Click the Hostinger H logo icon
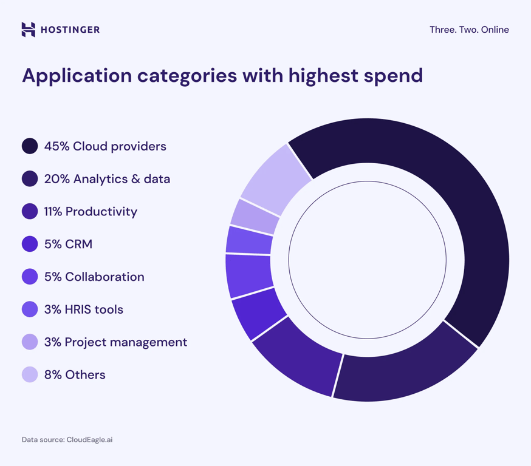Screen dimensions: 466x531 [29, 29]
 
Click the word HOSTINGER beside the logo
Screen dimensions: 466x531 [70, 30]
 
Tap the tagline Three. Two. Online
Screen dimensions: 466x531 [469, 30]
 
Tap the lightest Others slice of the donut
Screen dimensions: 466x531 [276, 176]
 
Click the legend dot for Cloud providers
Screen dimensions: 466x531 [30, 146]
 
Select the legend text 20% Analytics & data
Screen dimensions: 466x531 [107, 179]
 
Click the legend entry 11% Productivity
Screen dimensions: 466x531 [91, 212]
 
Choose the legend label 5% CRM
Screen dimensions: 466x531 [68, 245]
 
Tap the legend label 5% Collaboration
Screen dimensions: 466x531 [94, 277]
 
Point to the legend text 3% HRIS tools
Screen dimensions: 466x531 [83, 310]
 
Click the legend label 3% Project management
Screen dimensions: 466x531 [115, 343]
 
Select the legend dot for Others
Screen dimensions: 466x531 [30, 375]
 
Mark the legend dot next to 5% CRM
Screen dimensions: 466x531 [30, 245]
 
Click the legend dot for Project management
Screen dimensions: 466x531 [30, 343]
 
